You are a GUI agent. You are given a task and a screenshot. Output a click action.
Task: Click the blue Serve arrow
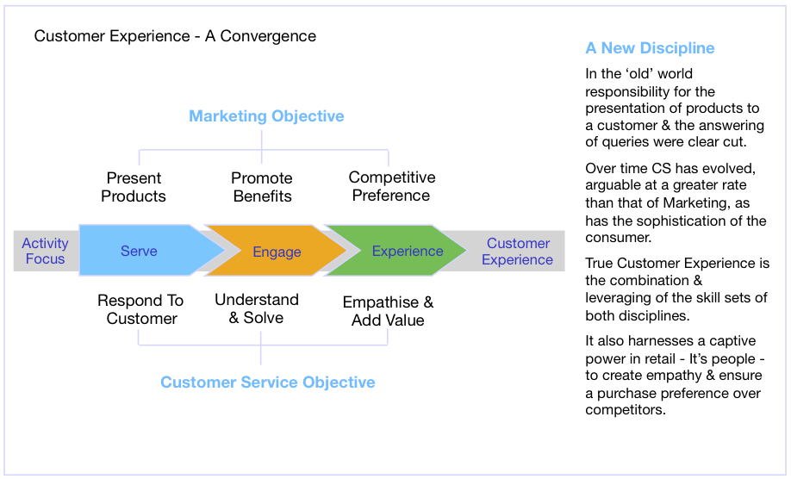146,251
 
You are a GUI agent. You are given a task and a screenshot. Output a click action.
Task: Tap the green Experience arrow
399,251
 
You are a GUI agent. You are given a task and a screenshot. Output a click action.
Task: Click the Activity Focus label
45,251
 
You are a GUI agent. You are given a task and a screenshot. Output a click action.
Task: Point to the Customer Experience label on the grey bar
518,251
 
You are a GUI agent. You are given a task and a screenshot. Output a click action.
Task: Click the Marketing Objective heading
266,116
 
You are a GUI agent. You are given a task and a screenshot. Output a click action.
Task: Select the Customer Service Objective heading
268,383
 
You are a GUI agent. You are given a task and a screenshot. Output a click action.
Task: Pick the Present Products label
134,187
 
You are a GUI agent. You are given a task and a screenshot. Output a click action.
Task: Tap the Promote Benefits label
262,187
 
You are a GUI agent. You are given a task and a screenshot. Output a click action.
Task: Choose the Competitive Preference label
391,186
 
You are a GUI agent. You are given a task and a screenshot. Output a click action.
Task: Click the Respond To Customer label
140,309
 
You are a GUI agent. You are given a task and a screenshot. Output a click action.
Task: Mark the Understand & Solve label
257,308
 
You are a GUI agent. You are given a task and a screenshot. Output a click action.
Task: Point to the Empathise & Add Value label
388,311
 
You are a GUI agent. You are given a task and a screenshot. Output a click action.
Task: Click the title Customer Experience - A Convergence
175,36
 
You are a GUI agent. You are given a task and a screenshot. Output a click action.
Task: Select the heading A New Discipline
650,48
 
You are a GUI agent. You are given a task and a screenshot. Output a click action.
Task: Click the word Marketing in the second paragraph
694,202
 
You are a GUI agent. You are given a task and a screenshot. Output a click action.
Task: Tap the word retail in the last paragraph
656,359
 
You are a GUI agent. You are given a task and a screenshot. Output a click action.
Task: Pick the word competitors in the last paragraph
626,409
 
